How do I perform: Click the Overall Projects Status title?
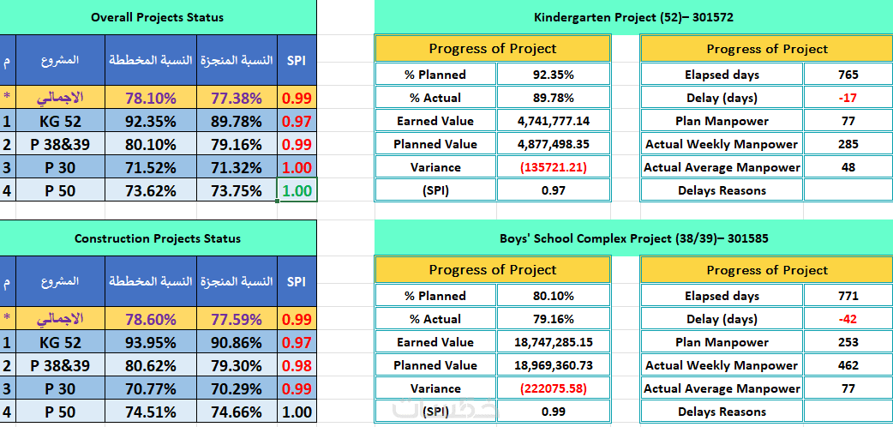coord(157,17)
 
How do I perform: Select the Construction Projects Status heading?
coord(157,238)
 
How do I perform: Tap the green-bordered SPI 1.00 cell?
coord(297,191)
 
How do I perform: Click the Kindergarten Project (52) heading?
coord(633,17)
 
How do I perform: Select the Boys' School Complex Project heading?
coord(633,238)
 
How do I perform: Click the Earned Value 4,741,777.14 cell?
coord(554,121)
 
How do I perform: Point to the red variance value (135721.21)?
coord(554,167)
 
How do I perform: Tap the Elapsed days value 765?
coord(848,75)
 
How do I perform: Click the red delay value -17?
coord(848,98)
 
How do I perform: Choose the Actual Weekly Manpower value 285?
coord(848,144)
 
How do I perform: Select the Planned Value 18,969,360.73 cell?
coord(554,365)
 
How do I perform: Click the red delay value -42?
coord(848,319)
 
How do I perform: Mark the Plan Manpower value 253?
coord(848,342)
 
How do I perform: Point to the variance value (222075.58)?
coord(554,388)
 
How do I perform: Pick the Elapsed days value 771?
coord(848,296)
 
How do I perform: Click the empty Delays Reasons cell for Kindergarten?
coord(848,190)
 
